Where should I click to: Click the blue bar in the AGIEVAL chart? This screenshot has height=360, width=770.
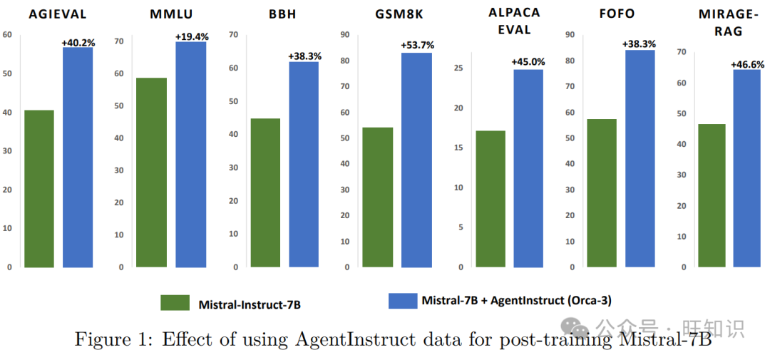[x=78, y=157]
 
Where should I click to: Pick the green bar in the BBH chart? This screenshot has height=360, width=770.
[x=265, y=192]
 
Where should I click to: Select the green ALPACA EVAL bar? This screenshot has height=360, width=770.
[x=491, y=199]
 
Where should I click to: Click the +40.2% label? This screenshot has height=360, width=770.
[x=78, y=43]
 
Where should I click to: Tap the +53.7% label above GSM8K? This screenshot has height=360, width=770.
[x=417, y=45]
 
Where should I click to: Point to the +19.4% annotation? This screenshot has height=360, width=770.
[x=191, y=36]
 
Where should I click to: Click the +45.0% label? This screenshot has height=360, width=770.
[x=528, y=62]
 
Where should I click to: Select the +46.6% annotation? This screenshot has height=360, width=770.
[x=747, y=64]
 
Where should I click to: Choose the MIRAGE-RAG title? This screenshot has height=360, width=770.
[x=720, y=22]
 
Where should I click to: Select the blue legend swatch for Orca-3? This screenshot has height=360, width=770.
[x=402, y=300]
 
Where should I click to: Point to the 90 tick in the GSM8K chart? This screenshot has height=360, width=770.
[x=346, y=35]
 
